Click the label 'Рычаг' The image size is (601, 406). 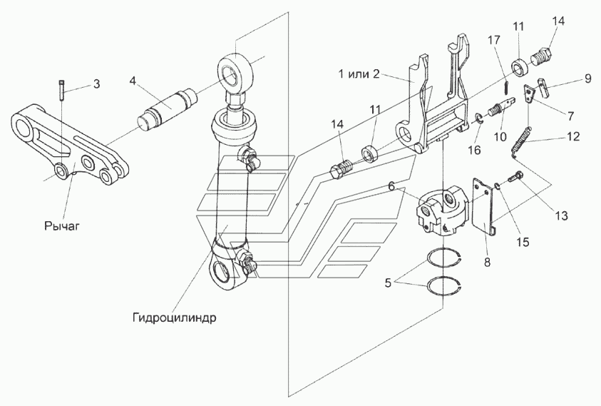point(62,225)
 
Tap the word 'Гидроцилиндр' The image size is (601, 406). point(175,318)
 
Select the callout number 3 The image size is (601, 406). point(96,83)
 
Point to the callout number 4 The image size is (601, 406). point(133,81)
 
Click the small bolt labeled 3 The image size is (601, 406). point(62,90)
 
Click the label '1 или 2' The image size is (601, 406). point(359,73)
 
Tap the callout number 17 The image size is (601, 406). point(494,39)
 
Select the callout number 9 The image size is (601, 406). point(587,79)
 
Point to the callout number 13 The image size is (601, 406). point(561,215)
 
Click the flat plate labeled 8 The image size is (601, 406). point(483,206)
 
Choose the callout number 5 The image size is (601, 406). point(388,283)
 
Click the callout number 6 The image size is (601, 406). point(391,186)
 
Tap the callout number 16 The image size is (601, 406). point(475,150)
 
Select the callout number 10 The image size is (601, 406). point(500,137)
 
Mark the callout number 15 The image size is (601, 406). point(523,242)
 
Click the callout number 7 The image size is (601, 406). point(571,115)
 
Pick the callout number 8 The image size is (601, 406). point(487,263)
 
